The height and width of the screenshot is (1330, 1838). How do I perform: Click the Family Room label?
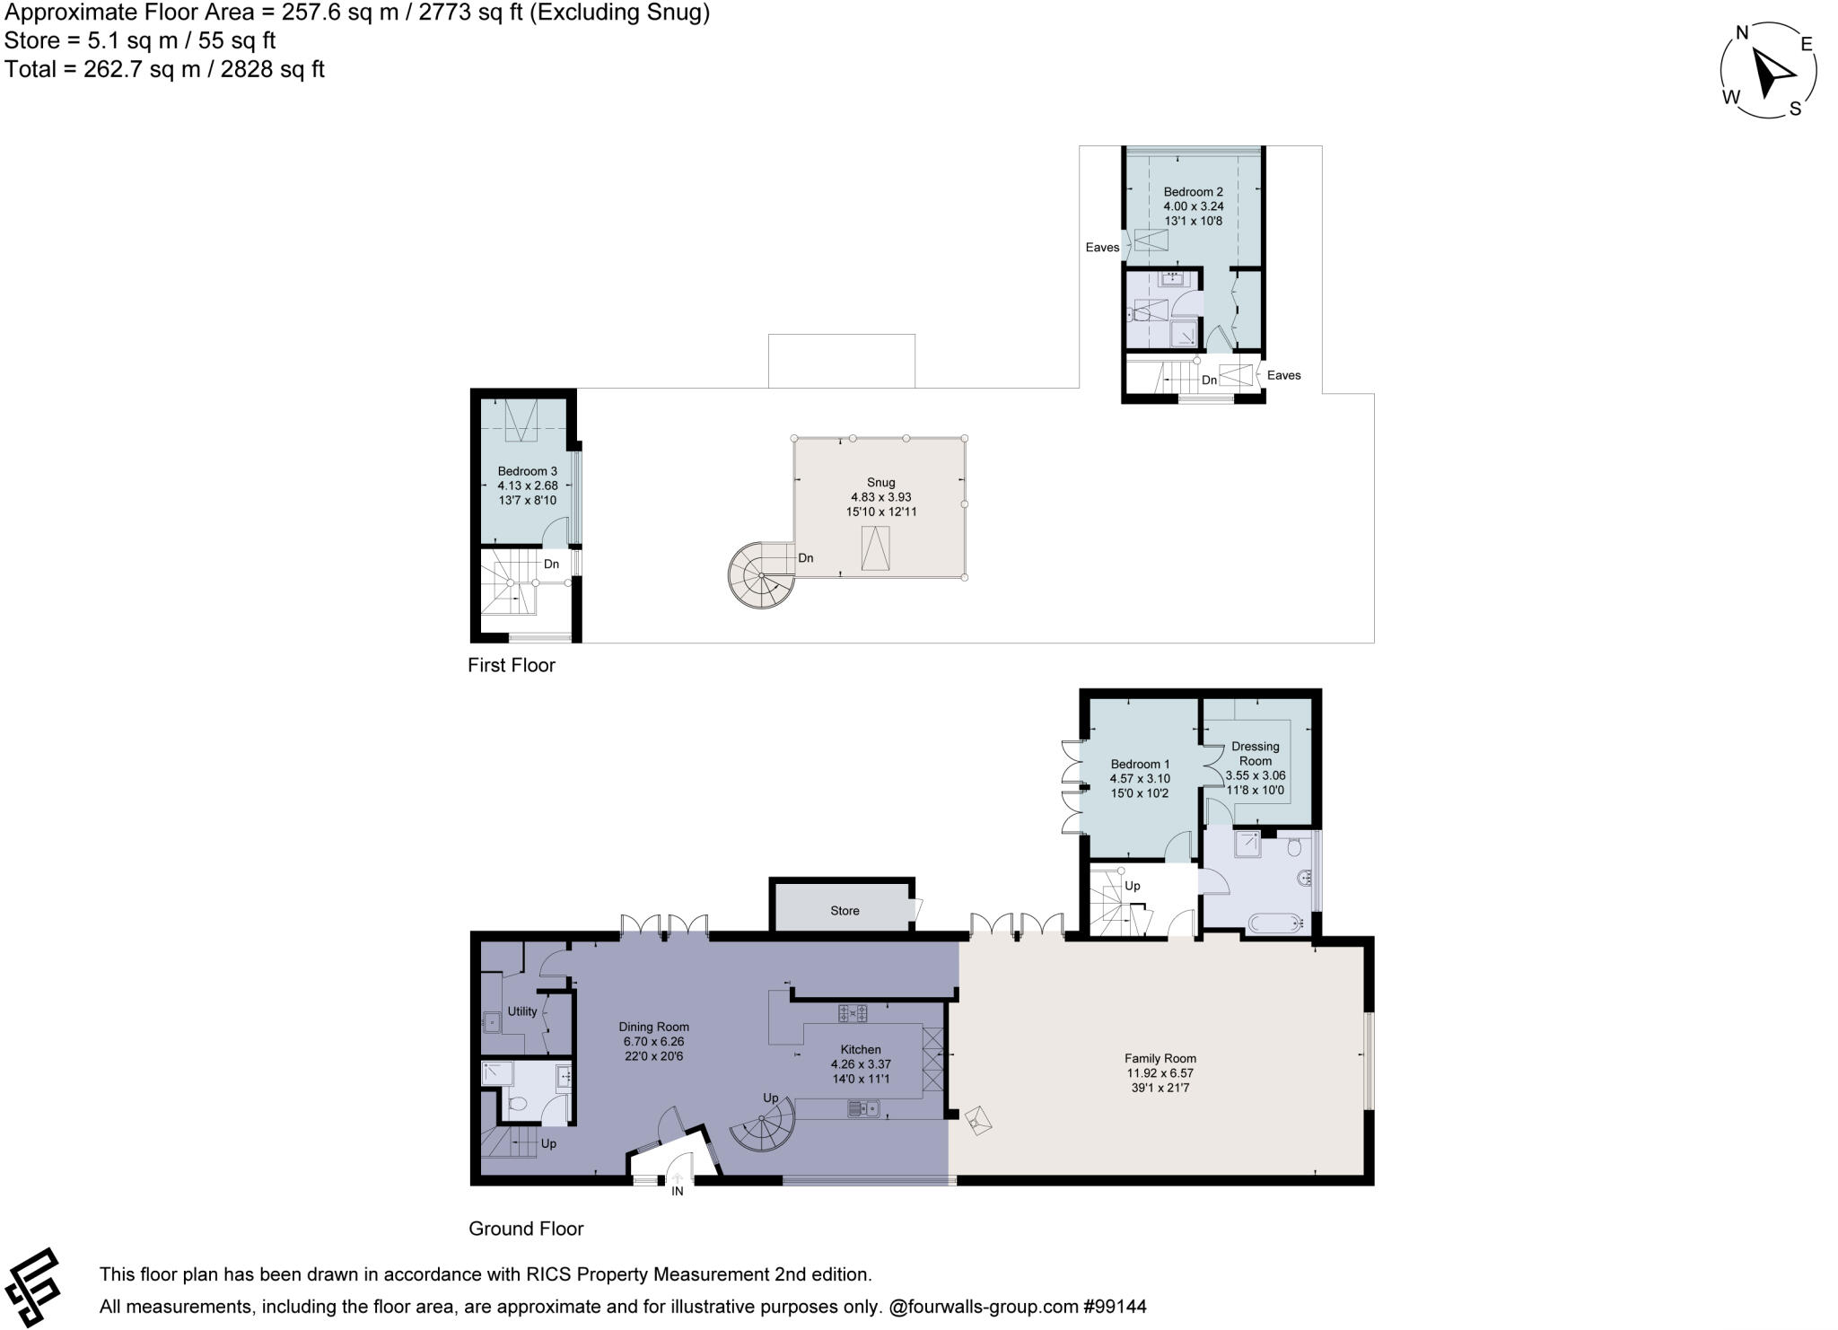[x=1160, y=1058]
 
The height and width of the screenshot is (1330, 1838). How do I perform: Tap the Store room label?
[x=845, y=911]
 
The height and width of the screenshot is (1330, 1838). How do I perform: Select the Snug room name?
[x=881, y=482]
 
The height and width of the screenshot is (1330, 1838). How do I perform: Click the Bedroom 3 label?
[x=528, y=471]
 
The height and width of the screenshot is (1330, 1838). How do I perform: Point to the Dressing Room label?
[x=1255, y=753]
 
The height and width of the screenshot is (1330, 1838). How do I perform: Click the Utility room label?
[x=522, y=1011]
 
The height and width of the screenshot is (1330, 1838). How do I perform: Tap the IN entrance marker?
[x=678, y=1191]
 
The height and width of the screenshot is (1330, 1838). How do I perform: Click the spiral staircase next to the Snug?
[x=761, y=575]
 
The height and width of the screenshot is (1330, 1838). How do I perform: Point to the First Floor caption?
[x=512, y=665]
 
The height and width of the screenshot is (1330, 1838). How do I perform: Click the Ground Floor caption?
[x=526, y=1229]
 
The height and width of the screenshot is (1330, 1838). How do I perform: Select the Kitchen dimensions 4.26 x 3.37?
[x=861, y=1064]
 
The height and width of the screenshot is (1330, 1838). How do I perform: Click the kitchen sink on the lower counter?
[x=863, y=1108]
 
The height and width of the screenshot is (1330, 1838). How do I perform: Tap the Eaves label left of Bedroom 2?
[x=1102, y=248]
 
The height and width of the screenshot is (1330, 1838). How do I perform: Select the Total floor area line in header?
[x=164, y=69]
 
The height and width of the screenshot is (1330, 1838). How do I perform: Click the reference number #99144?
[x=1115, y=1307]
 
